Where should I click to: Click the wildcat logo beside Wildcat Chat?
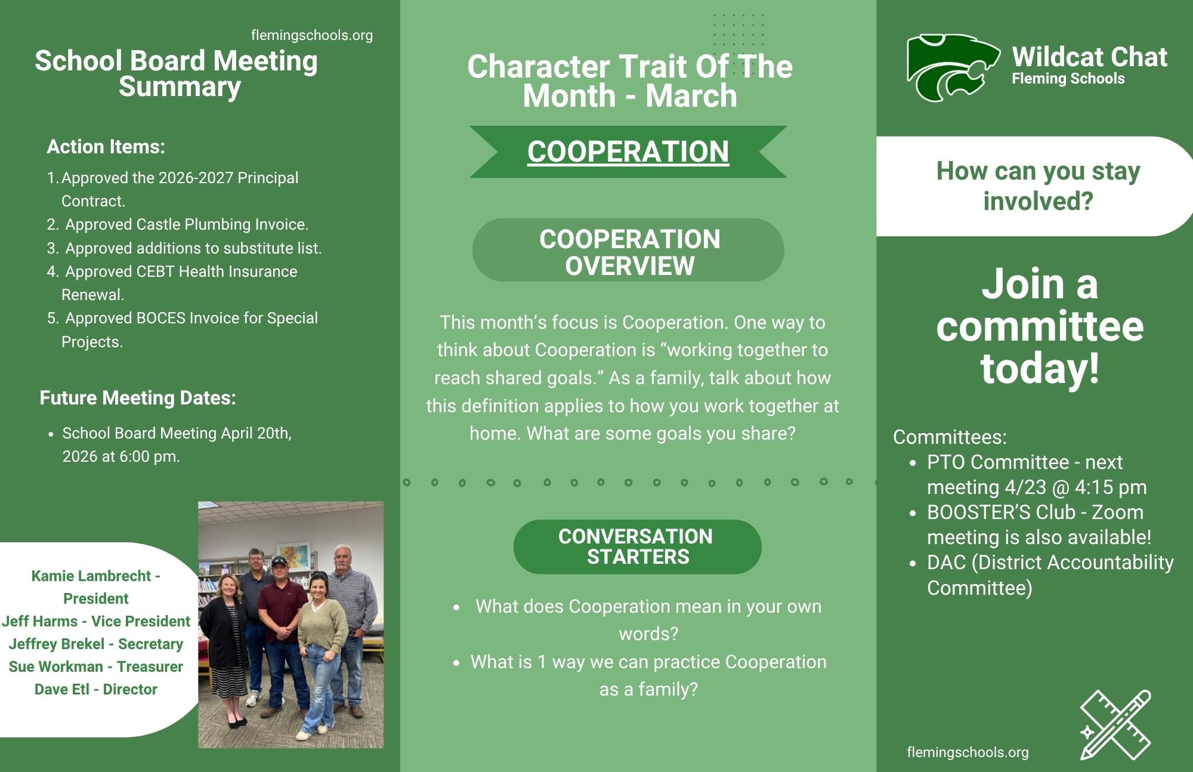[x=953, y=67]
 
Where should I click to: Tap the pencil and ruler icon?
[x=1115, y=724]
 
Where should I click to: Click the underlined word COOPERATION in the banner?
[x=628, y=152]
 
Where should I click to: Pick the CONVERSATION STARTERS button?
[x=636, y=546]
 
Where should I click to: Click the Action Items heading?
[x=106, y=147]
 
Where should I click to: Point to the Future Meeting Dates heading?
[x=138, y=398]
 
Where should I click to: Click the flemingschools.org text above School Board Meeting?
[x=311, y=35]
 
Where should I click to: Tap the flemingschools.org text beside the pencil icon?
[x=967, y=752]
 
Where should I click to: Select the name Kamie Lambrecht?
[x=91, y=576]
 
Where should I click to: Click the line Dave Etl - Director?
[x=95, y=689]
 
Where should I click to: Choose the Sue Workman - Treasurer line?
[x=95, y=666]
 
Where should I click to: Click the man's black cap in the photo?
[x=279, y=561]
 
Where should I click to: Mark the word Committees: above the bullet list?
[x=949, y=437]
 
